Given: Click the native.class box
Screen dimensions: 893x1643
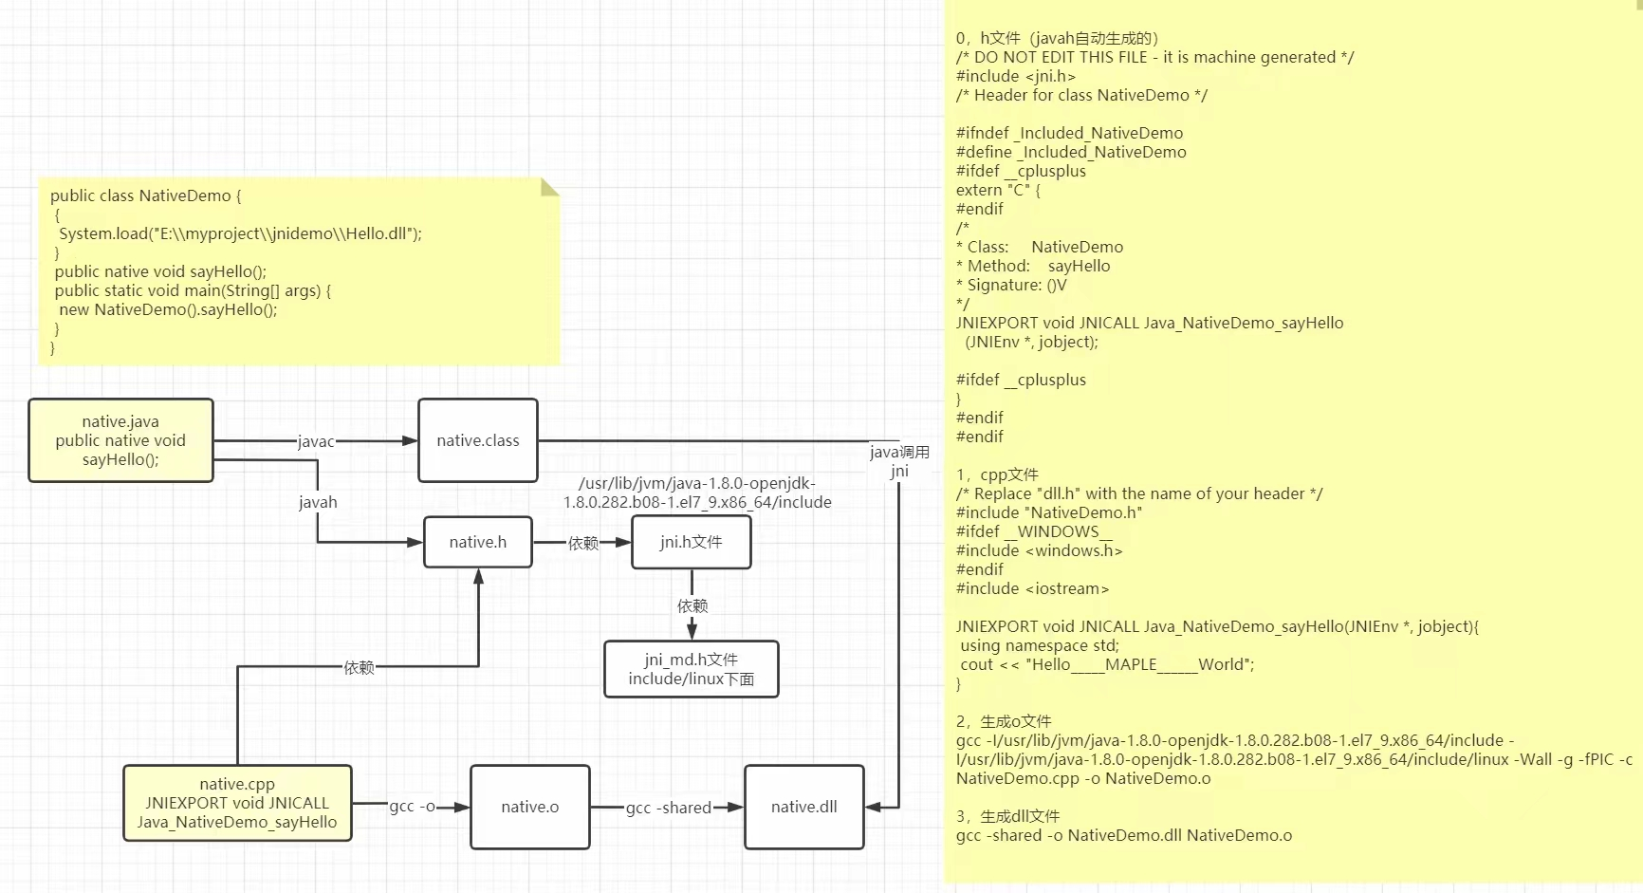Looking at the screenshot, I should [x=478, y=440].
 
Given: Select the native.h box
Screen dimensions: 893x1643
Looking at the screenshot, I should [x=478, y=542].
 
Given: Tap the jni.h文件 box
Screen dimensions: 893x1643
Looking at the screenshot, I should [x=692, y=542].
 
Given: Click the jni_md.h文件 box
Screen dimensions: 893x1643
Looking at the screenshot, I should [x=692, y=669].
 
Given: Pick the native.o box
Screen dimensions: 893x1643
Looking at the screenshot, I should [x=530, y=807].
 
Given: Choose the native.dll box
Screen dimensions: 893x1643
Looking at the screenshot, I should [x=804, y=807].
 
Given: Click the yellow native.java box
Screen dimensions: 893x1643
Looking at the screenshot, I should [x=120, y=440].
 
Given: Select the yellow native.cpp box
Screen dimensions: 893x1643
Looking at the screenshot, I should [x=237, y=803].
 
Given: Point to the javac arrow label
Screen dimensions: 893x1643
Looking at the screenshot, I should [x=316, y=441].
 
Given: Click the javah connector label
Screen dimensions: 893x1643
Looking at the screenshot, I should [x=318, y=502].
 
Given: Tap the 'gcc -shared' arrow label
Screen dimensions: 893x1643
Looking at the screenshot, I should [x=669, y=808].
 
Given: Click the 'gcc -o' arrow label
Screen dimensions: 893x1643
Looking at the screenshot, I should [x=412, y=807].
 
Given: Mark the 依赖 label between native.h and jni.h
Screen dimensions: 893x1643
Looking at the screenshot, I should [x=583, y=543].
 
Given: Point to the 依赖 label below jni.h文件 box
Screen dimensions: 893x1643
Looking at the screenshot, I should [x=692, y=605].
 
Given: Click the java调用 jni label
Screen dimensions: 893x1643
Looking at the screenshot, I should [x=899, y=461].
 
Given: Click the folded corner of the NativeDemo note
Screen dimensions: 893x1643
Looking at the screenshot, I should [x=549, y=186].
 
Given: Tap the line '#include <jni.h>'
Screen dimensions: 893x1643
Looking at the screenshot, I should [x=1016, y=76].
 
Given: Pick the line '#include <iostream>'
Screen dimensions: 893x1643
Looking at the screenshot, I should [x=1032, y=588].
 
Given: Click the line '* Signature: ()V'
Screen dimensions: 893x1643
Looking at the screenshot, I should [x=1011, y=285].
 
